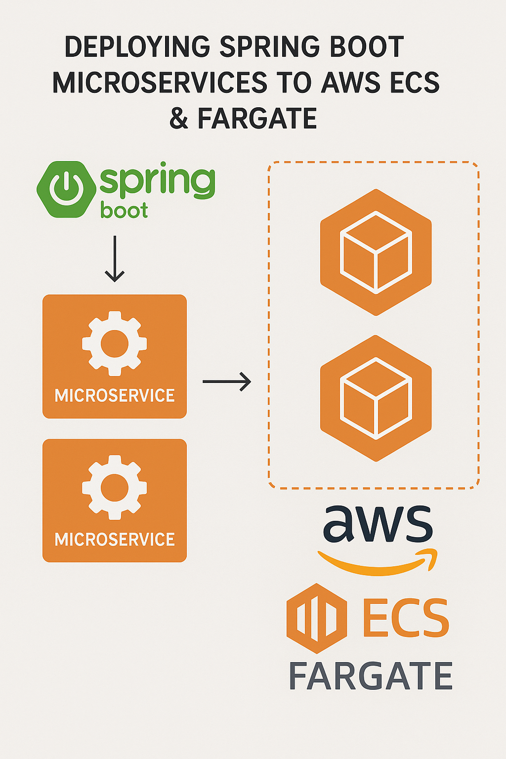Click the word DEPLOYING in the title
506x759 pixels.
137,47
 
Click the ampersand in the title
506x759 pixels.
179,119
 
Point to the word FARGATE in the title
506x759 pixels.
257,119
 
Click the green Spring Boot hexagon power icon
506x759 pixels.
66,189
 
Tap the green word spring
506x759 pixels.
157,183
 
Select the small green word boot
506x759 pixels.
124,211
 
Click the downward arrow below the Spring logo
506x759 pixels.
115,259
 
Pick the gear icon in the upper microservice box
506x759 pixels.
115,343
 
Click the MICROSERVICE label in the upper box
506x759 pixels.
115,395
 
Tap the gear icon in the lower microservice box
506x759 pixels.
115,487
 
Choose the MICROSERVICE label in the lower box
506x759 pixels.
115,539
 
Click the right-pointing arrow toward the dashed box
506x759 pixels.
227,381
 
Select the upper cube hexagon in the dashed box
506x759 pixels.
376,252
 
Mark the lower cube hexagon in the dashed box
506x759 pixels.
376,398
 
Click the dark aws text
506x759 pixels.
378,523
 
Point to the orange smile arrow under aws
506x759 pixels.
378,563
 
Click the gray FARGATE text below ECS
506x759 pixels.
371,676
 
